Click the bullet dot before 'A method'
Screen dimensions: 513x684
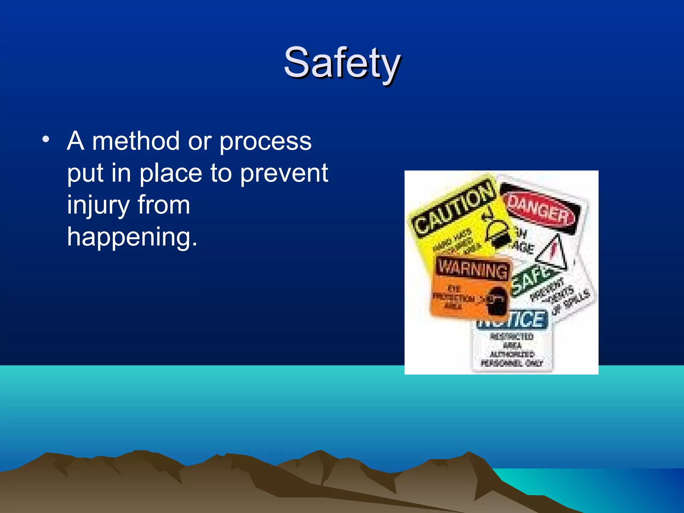[x=46, y=139]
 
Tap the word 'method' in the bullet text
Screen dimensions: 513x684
[x=136, y=141]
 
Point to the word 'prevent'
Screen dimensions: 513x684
[x=284, y=173]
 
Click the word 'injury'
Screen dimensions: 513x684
[x=98, y=205]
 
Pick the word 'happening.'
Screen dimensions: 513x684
[x=132, y=237]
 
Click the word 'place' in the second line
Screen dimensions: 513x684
[x=171, y=173]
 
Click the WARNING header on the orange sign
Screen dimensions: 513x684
[x=473, y=269]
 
